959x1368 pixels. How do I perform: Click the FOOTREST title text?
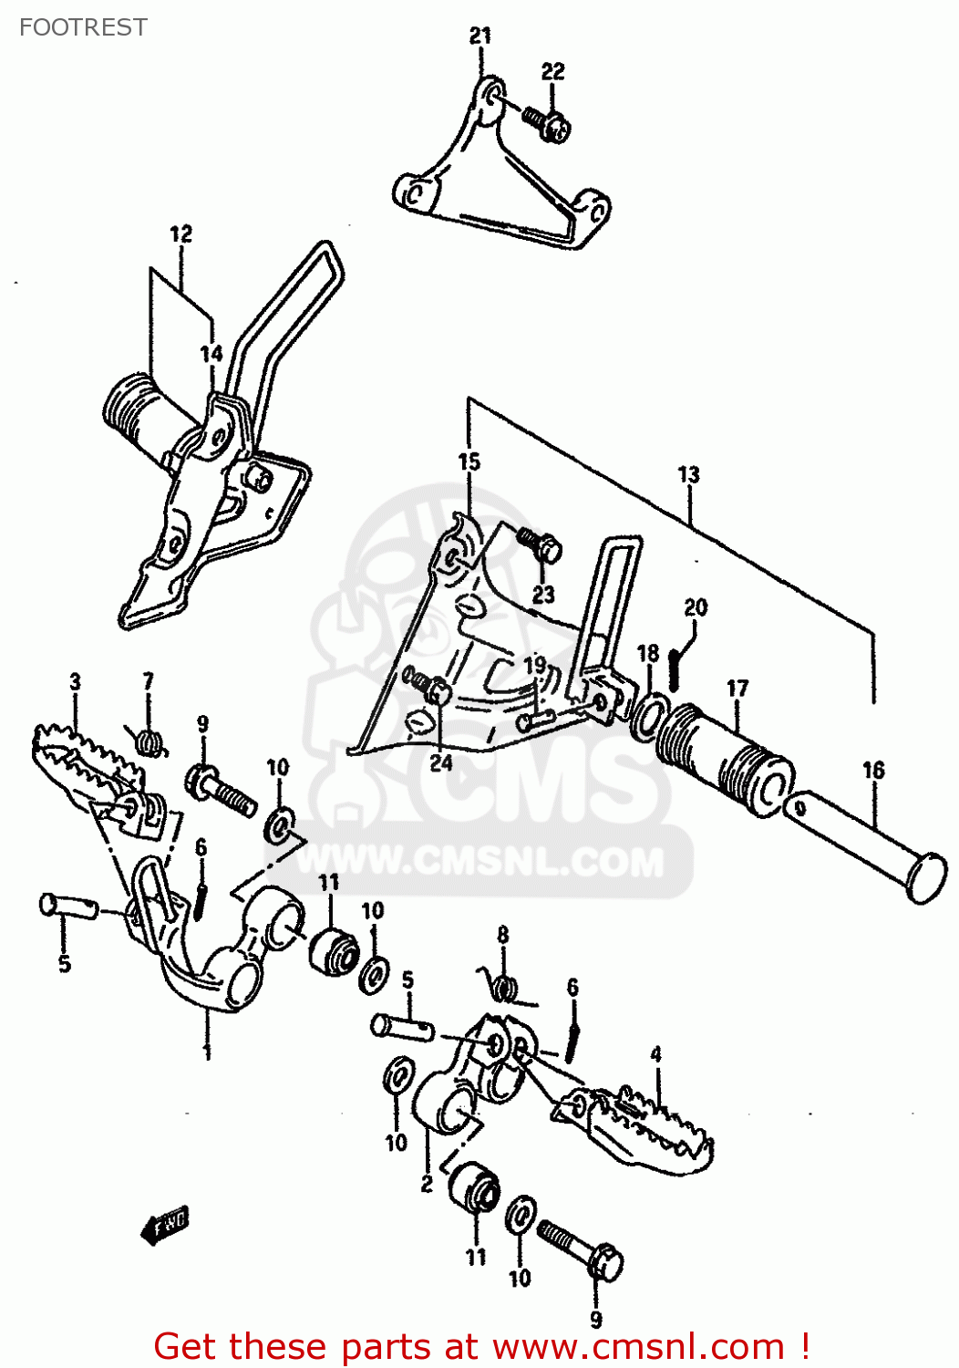(x=83, y=27)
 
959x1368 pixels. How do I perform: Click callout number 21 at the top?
(x=480, y=36)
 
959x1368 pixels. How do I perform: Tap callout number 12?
(x=181, y=234)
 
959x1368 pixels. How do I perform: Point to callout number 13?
(x=688, y=474)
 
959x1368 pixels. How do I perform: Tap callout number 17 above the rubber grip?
(x=737, y=689)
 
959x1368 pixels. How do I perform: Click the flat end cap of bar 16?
(x=928, y=878)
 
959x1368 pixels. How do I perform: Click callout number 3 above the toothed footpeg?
(x=75, y=681)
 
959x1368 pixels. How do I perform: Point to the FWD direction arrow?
(x=164, y=1226)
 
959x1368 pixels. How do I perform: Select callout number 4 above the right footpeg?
(x=656, y=1054)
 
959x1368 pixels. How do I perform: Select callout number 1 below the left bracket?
(x=207, y=1052)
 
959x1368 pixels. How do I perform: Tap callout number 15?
(x=469, y=461)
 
